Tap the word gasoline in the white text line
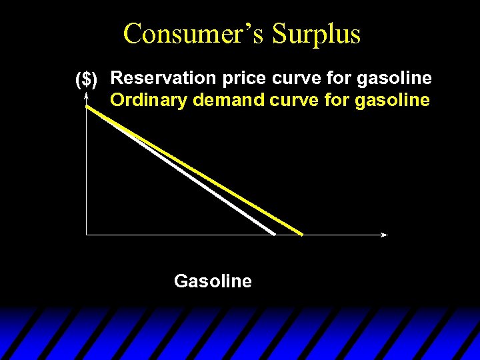(395, 78)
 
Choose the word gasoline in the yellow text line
(393, 100)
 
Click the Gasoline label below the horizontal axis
(213, 281)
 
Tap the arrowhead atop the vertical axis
(87, 97)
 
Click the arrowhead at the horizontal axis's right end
(385, 235)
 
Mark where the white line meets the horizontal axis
(274, 234)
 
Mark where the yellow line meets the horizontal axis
(301, 234)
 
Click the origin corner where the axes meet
(87, 235)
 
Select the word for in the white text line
(339, 78)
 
